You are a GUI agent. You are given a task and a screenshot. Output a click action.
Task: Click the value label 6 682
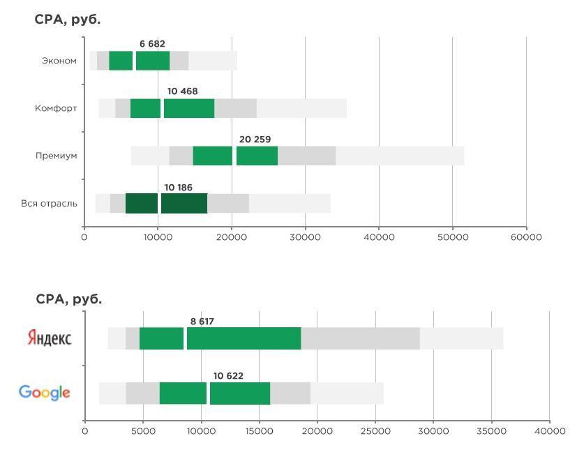pos(152,44)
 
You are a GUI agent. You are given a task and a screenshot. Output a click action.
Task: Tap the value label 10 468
pos(182,91)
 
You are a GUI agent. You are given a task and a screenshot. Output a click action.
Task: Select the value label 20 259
pos(255,140)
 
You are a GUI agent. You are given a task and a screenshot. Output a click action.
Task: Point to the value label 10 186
pos(178,188)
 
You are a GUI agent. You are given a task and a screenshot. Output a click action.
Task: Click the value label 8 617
pos(202,322)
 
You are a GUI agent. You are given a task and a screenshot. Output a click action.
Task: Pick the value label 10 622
pos(228,376)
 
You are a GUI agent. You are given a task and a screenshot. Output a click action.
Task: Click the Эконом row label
pos(59,61)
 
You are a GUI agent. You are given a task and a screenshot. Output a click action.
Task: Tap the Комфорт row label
pos(56,109)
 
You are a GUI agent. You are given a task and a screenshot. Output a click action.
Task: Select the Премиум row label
pos(56,156)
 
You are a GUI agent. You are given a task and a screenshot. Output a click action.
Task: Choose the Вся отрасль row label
pos(49,204)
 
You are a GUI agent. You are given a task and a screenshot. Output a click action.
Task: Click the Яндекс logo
pos(49,338)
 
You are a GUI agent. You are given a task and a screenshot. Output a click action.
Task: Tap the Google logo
pos(45,393)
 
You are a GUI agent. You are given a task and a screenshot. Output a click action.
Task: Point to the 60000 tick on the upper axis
pos(526,237)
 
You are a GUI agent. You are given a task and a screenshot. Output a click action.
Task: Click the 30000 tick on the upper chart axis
pos(305,237)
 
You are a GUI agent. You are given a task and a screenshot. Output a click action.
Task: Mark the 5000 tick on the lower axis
pos(143,431)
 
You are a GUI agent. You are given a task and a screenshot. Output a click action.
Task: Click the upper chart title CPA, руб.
pos(68,20)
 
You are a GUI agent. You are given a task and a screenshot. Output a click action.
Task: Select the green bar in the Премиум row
pos(235,156)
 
